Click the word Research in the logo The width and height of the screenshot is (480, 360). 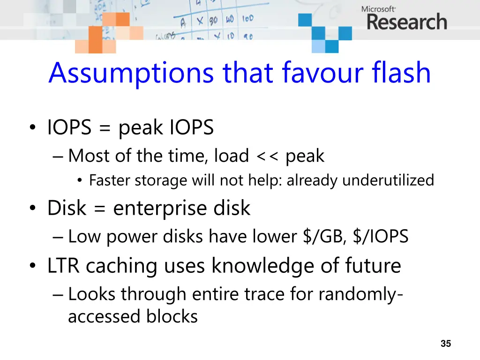(407, 22)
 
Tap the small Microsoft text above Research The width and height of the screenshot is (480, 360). (379, 8)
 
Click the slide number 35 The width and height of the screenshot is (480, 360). (446, 344)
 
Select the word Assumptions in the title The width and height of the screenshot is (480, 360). (132, 73)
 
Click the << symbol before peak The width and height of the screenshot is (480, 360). (267, 156)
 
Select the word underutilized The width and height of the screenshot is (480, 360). (388, 180)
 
